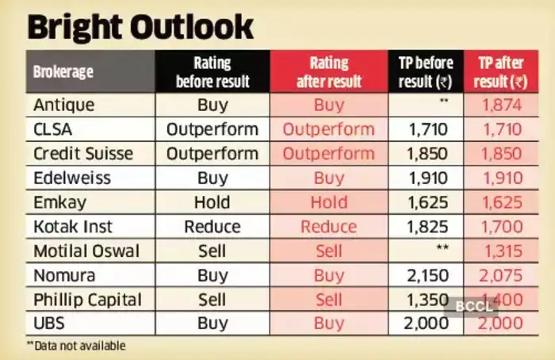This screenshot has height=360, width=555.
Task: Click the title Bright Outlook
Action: click(141, 26)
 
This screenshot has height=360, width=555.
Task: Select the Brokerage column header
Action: click(63, 72)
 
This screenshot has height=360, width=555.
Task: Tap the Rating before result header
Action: click(212, 72)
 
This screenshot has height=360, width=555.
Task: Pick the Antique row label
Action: click(64, 105)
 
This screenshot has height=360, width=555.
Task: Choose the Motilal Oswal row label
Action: click(86, 251)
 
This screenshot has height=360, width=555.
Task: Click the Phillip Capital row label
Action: click(87, 301)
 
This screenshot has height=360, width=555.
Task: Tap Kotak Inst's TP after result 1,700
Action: click(503, 227)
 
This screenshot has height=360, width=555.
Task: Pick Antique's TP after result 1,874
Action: click(503, 105)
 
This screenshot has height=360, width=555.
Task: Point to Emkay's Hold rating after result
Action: click(329, 202)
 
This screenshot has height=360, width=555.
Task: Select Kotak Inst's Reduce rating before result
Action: click(212, 227)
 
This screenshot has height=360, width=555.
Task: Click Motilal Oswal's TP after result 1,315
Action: click(503, 251)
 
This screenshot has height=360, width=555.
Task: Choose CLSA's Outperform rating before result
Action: click(212, 129)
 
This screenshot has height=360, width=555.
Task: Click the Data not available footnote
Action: click(76, 346)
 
